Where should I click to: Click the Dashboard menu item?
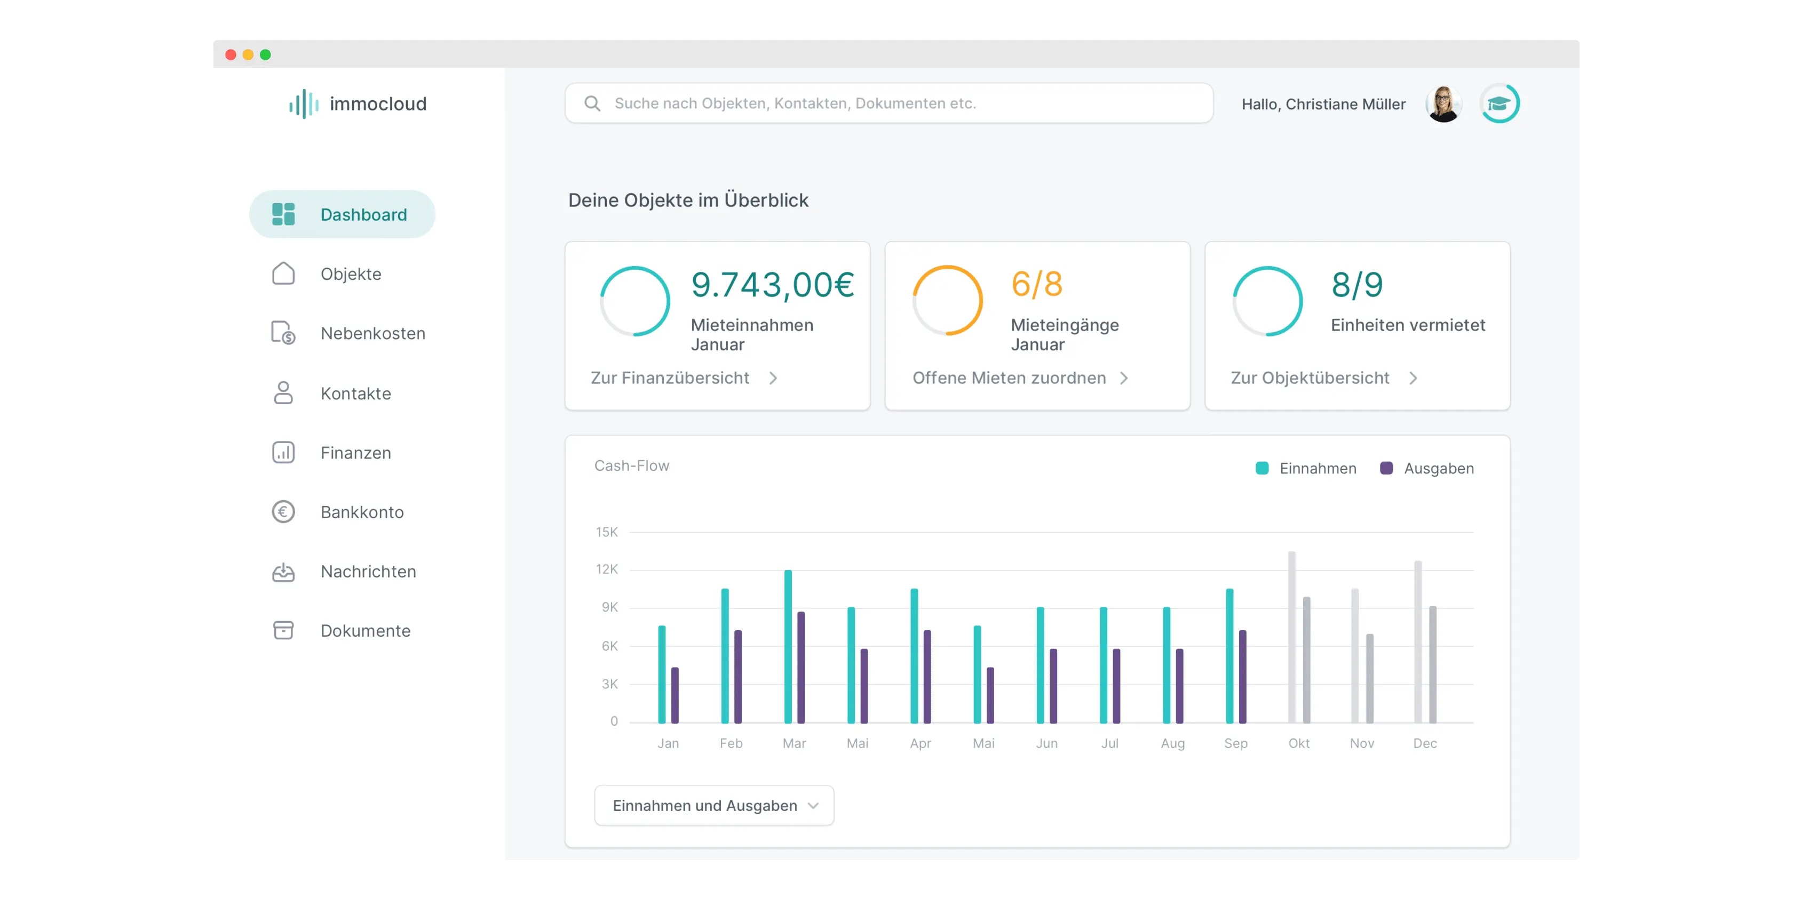pos(342,214)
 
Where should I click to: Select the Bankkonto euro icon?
pos(283,512)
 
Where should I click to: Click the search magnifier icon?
pos(592,103)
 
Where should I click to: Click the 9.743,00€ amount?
pos(772,285)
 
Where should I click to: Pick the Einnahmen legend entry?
pos(1306,468)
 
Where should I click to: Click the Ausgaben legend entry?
pos(1427,468)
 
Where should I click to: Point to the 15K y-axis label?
pos(606,532)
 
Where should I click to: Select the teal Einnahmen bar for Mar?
pos(788,647)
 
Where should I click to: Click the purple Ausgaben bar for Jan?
pos(675,695)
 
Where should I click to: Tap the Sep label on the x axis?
pos(1235,743)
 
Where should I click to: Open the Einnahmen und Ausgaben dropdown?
pos(714,806)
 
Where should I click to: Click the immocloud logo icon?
pos(304,105)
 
